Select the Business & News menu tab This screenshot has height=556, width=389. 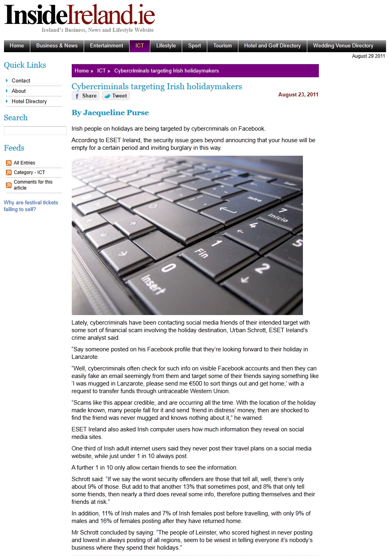[x=57, y=46]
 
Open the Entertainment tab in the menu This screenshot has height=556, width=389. [x=106, y=46]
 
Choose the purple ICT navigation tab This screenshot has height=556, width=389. [x=139, y=46]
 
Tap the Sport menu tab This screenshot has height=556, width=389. [x=194, y=46]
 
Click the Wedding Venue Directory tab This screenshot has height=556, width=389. [x=343, y=46]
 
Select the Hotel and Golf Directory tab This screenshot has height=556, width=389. [x=272, y=46]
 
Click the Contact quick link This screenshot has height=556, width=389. [x=21, y=80]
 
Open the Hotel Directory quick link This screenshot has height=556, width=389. [x=29, y=101]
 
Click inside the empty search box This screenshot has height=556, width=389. [x=35, y=131]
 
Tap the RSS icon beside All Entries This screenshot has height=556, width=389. [x=9, y=163]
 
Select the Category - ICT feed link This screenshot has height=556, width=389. [x=29, y=172]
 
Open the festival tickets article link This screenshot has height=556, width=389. [x=31, y=206]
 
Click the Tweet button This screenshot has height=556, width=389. [x=116, y=96]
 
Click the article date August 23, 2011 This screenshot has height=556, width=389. [x=298, y=95]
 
